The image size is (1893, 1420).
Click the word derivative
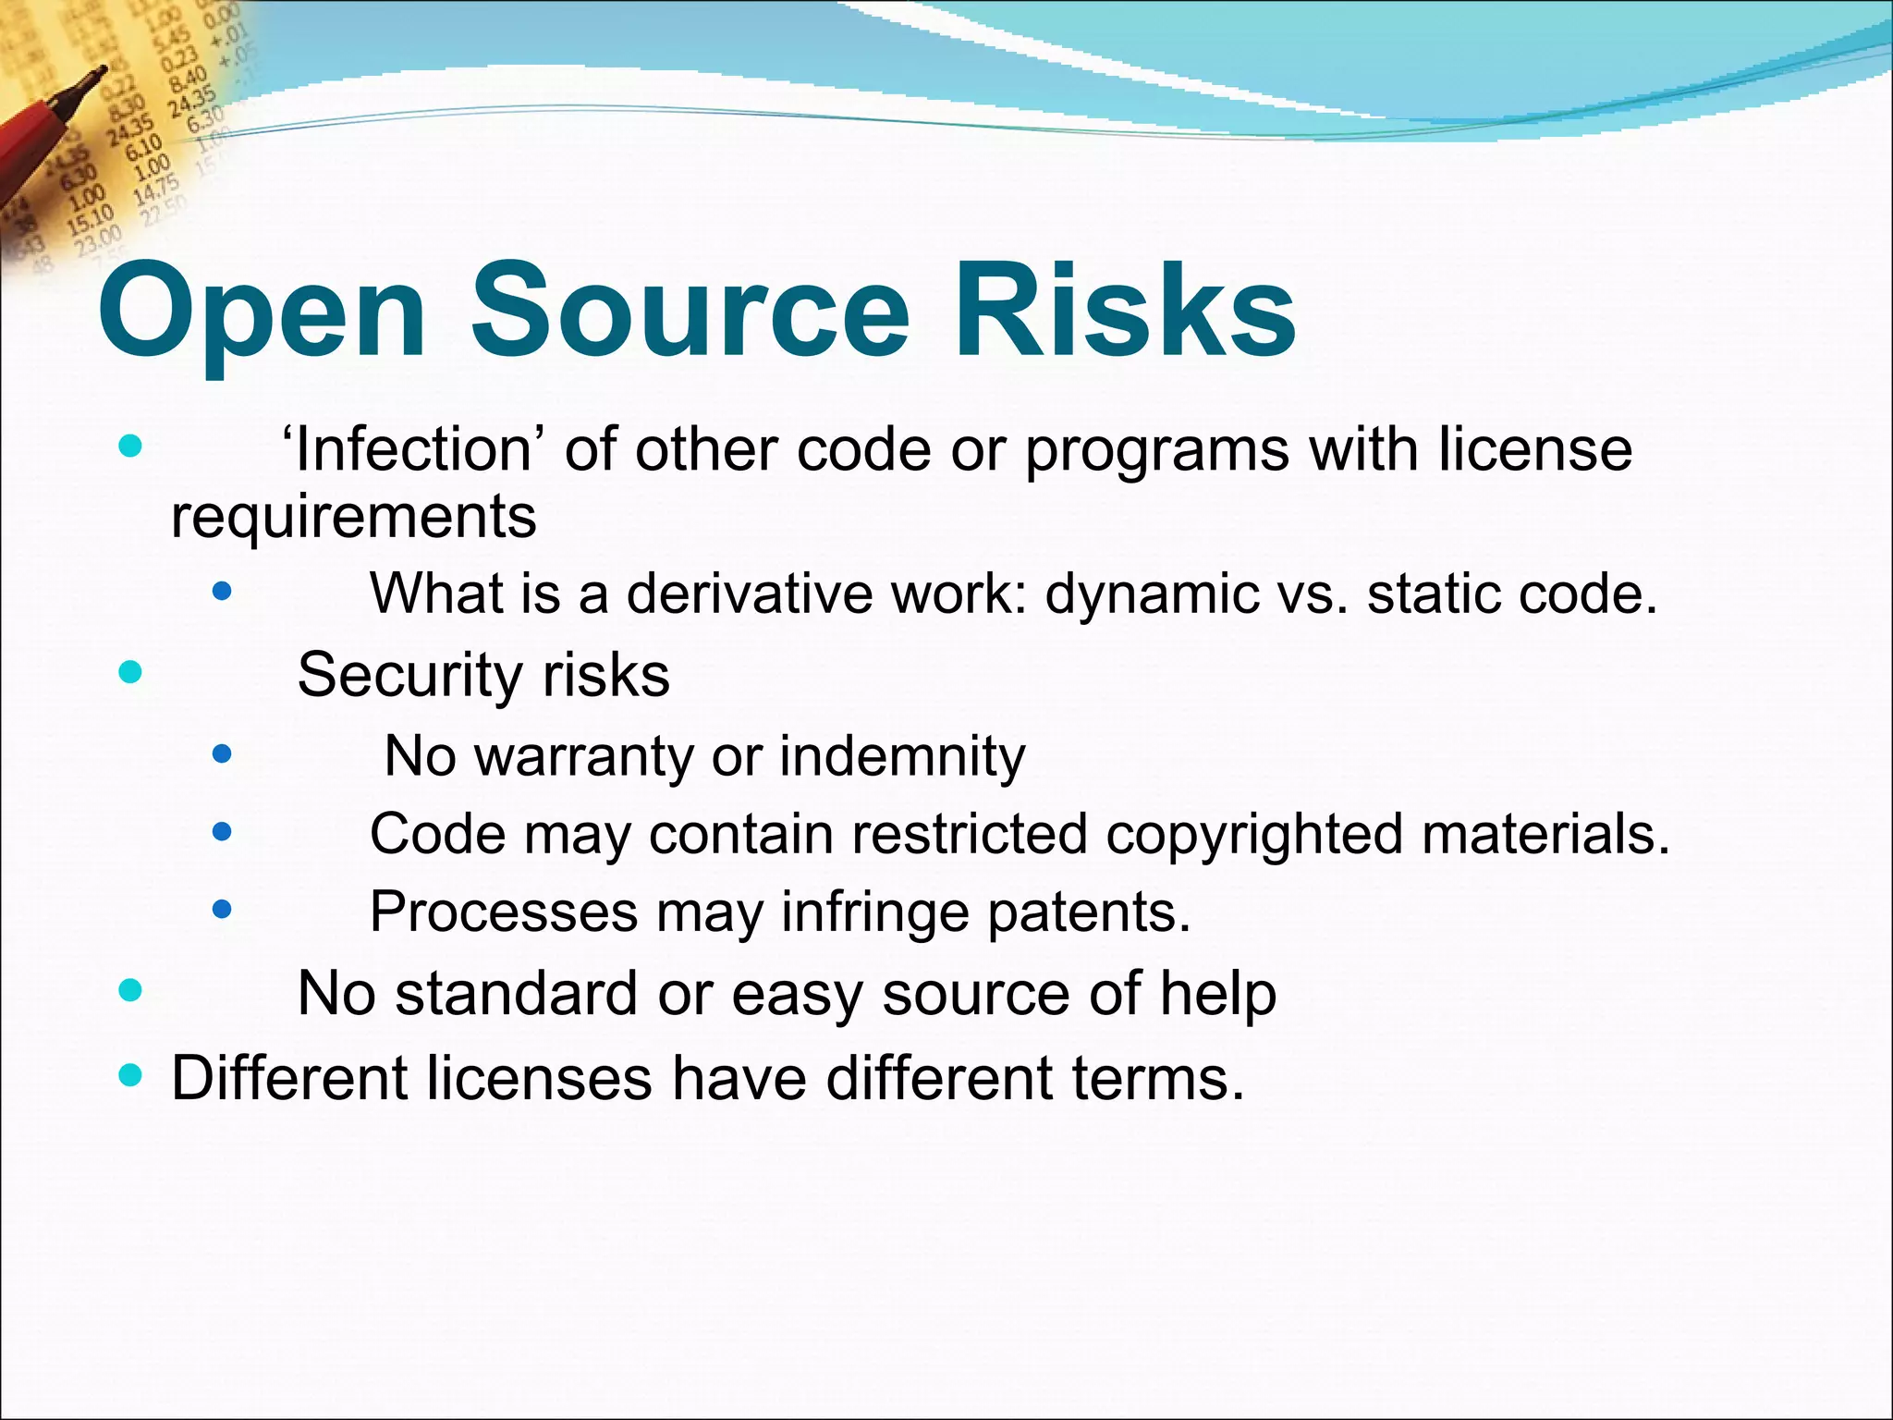pos(750,593)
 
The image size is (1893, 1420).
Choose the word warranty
pos(583,756)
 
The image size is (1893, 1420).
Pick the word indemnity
pos(902,756)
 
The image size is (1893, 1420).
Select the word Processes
pos(504,912)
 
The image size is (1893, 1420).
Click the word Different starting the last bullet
pos(289,1078)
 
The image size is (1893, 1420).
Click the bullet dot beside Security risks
pos(131,671)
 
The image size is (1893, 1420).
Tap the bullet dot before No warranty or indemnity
pos(222,754)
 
